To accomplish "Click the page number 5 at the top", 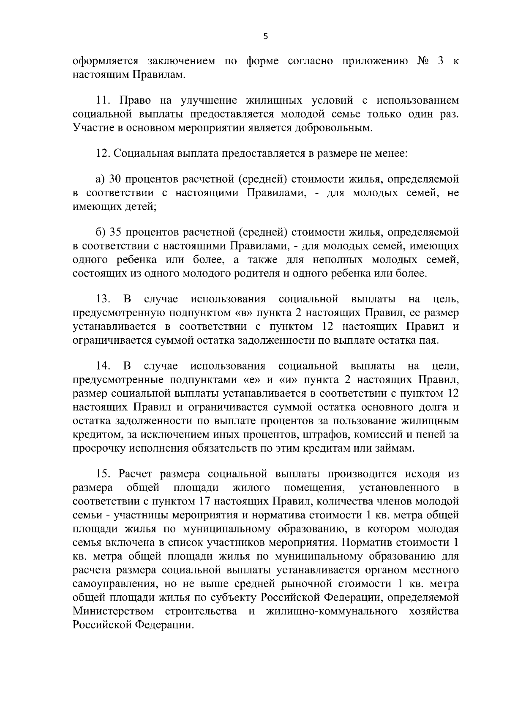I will pyautogui.click(x=265, y=36).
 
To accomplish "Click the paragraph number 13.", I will pyautogui.click(x=103, y=299).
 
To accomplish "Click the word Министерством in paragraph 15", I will pyautogui.click(x=112, y=611).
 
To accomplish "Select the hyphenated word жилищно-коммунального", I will pyautogui.click(x=332, y=611).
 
